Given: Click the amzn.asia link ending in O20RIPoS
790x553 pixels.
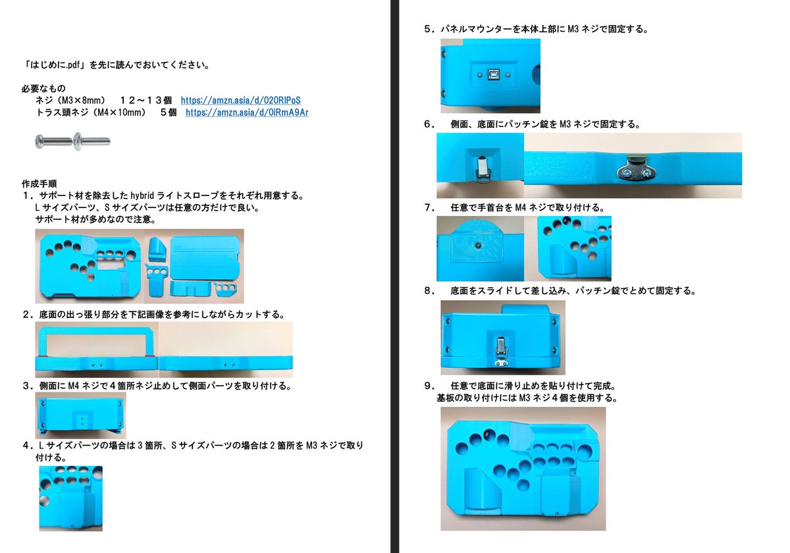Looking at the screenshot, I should [240, 100].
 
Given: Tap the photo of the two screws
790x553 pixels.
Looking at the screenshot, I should [72, 140].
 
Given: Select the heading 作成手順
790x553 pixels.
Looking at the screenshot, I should [39, 183].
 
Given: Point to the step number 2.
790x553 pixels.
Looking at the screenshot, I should [27, 314].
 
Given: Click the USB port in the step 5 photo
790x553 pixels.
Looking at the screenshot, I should [492, 75].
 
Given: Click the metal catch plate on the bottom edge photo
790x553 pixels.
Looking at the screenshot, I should [635, 170].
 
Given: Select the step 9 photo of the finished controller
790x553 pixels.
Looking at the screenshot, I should [523, 468].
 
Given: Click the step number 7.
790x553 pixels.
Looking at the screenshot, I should [429, 207].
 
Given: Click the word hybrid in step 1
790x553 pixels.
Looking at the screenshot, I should [144, 196].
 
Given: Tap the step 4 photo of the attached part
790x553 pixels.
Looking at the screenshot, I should [70, 498].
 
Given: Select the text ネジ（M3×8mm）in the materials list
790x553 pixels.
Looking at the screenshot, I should [72, 100].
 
